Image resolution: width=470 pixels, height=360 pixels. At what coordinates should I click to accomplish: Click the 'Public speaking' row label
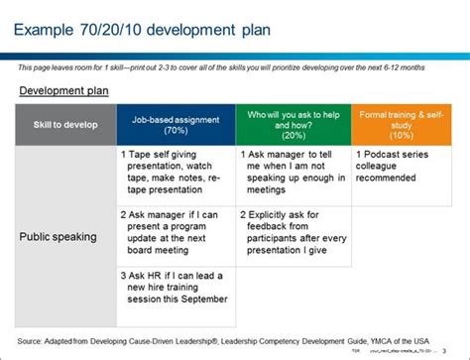point(59,238)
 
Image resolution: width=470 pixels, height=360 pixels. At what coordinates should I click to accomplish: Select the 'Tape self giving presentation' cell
point(176,174)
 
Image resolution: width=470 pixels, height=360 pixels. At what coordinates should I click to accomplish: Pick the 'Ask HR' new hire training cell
point(176,289)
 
